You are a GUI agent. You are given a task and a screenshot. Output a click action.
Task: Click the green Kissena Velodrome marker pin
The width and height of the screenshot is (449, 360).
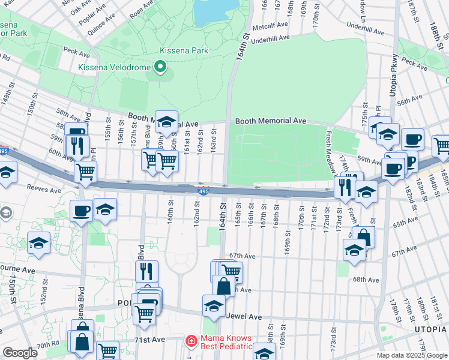(160, 67)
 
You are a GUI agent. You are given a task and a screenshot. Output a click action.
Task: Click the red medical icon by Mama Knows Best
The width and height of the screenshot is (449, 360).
(191, 341)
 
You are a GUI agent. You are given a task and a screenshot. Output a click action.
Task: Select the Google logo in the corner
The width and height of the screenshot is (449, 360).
(20, 353)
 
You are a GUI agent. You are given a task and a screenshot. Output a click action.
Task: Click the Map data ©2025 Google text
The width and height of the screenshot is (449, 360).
(412, 355)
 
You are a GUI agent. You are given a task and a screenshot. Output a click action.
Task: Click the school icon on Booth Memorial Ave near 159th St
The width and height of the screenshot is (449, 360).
(166, 121)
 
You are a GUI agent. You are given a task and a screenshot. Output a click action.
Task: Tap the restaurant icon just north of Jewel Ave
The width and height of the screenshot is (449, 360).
(146, 271)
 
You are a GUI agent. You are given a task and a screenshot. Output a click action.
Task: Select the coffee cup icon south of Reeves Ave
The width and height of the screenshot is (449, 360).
(82, 210)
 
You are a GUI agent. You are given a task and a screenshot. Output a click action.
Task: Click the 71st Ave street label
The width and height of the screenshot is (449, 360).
(149, 340)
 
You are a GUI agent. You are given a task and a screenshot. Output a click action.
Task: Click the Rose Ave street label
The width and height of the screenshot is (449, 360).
(141, 8)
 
